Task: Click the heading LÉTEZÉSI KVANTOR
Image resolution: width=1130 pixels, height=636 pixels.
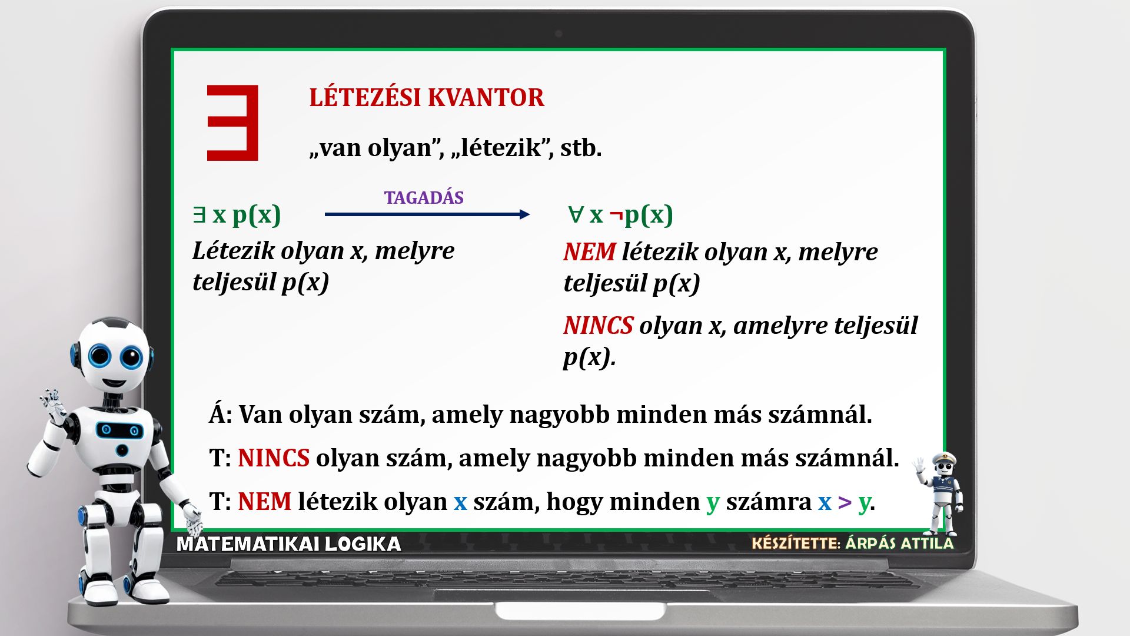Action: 427,98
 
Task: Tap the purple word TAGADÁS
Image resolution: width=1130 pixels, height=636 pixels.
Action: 424,198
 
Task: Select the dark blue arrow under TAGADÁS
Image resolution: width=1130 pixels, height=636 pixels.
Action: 427,214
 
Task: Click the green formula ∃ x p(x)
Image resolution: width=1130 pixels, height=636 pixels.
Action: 237,215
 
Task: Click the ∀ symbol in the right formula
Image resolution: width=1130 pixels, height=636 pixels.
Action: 575,214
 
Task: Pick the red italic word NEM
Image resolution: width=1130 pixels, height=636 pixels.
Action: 590,252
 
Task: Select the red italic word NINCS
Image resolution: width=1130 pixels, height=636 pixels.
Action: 599,326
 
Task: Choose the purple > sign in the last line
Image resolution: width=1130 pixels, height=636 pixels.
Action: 845,502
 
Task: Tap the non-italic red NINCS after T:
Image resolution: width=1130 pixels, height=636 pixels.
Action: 274,458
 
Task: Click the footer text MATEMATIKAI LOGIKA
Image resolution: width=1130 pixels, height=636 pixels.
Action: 289,544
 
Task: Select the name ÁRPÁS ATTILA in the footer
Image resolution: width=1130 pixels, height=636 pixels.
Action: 899,543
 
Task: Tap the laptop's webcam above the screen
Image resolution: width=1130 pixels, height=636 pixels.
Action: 559,34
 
